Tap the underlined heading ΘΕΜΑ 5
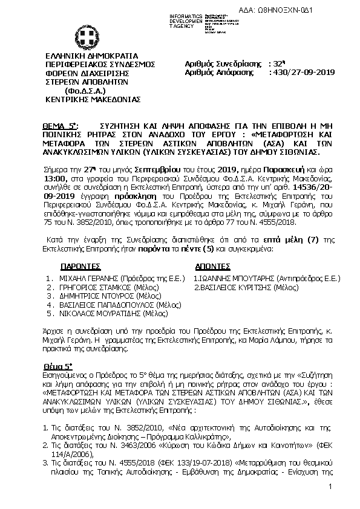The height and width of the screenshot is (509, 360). pyautogui.click(x=60, y=122)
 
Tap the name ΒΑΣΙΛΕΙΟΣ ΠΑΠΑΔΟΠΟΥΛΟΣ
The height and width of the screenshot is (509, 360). pyautogui.click(x=100, y=305)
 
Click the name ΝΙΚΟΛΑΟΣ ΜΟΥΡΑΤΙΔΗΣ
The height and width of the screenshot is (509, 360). pyautogui.click(x=97, y=314)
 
